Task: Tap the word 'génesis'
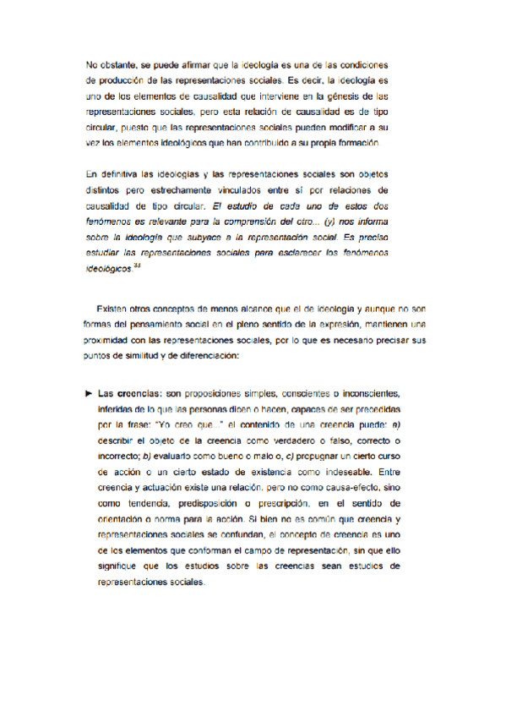(x=324, y=98)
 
